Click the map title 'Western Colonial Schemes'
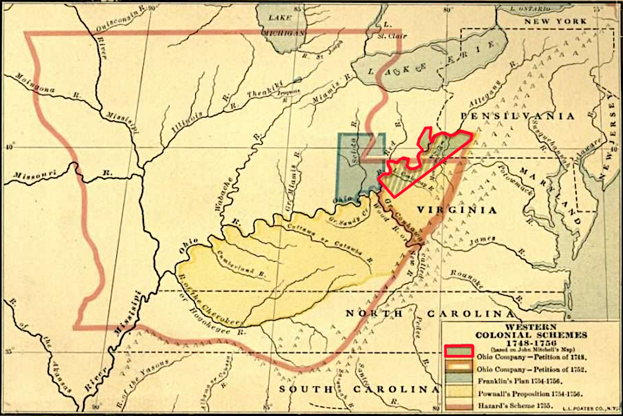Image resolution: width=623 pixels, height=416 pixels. pos(531,330)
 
